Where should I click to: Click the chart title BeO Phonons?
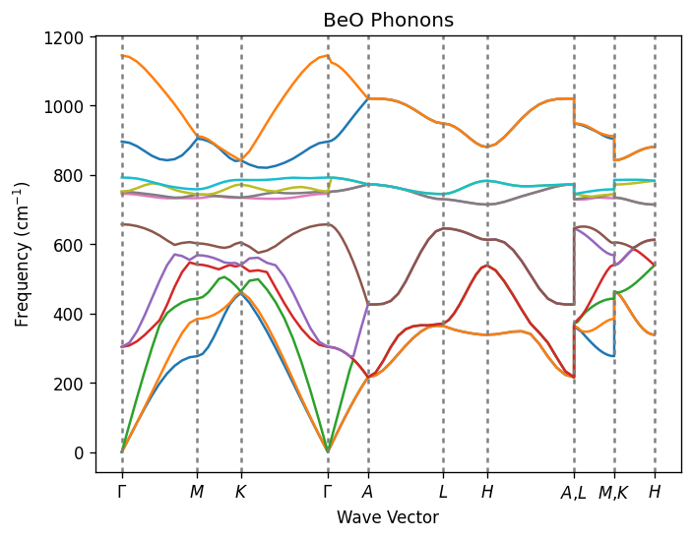pos(388,20)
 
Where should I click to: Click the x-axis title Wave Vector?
pos(388,517)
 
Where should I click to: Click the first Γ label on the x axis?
pos(122,492)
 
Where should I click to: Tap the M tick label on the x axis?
pos(197,492)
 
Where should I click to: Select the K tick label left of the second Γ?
pos(241,492)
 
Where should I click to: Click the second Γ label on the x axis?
pos(328,492)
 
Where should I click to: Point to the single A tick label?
pos(368,492)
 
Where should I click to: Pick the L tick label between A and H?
pos(443,492)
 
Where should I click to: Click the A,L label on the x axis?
pos(573,493)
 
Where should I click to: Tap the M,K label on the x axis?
pos(614,493)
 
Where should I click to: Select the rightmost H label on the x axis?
pos(655,492)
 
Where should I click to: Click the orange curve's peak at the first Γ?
pos(123,55)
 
